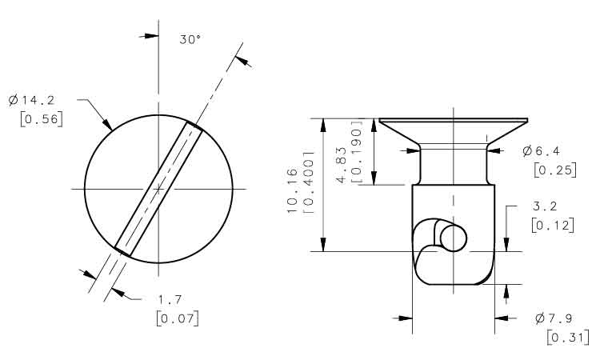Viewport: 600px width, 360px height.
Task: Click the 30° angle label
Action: coord(190,39)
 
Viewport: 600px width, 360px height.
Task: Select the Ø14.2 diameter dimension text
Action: coord(31,100)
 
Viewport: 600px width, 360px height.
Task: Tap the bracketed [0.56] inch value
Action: coord(42,119)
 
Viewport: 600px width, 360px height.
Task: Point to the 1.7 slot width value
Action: coord(170,299)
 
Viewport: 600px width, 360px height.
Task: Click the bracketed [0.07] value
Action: coord(178,318)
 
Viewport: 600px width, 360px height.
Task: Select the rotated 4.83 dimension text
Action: coord(341,165)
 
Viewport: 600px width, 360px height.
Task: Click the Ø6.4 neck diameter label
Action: coord(541,151)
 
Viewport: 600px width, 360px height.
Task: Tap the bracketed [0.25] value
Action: coord(555,170)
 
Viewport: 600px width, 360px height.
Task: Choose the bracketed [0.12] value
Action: coord(553,226)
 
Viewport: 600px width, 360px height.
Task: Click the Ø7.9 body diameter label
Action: coord(554,318)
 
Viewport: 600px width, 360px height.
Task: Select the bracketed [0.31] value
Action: coord(568,338)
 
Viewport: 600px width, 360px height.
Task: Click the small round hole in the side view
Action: coord(454,238)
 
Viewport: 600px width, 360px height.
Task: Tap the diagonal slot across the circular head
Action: coord(158,189)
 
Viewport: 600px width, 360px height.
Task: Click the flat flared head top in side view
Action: coord(454,121)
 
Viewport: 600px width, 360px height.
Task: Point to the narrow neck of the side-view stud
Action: coord(454,166)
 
